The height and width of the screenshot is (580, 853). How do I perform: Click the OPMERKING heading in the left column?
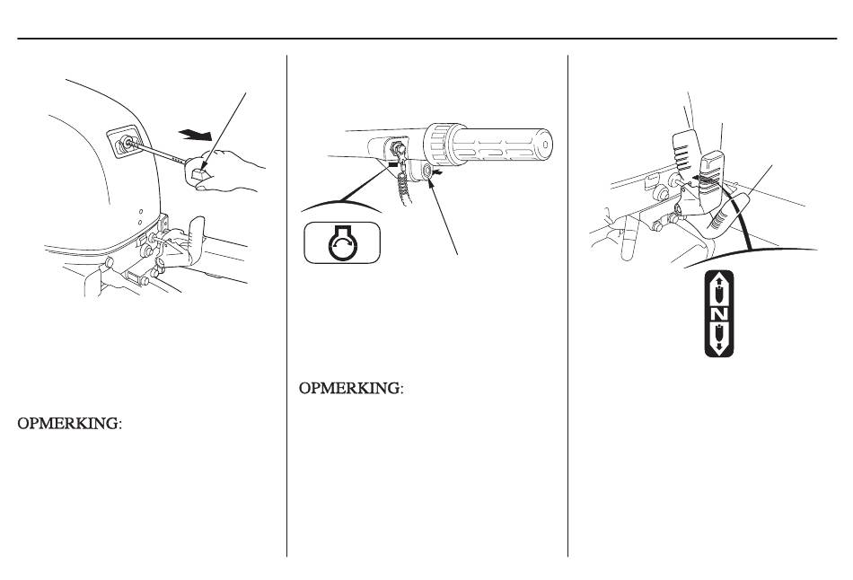coord(70,423)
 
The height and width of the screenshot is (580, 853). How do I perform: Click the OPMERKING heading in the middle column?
coord(351,389)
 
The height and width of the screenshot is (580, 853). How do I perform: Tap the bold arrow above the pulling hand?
coord(196,134)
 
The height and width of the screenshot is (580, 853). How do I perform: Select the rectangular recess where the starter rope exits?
coord(125,142)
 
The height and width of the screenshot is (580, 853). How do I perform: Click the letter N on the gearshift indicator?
coord(719,314)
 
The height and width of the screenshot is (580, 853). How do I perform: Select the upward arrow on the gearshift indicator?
coord(718,289)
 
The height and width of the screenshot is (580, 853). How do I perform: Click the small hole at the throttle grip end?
coord(547,145)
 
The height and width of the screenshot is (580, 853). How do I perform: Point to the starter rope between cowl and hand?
coord(157,151)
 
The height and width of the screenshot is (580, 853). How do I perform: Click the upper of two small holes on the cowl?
coord(140,212)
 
